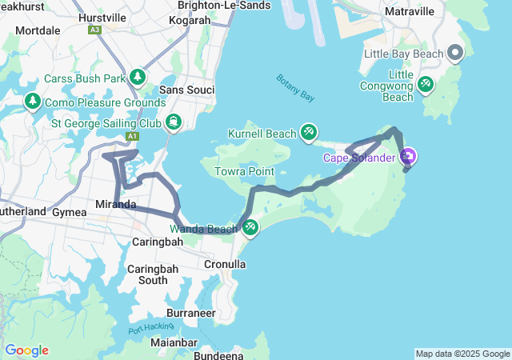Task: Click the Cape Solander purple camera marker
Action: point(409,156)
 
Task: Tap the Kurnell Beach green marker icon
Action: point(309,132)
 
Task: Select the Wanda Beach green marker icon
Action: point(250,228)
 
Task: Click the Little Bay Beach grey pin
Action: point(455,54)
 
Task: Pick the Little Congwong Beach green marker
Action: point(426,83)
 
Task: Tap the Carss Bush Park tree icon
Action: point(138,78)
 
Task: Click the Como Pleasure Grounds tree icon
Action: point(33,102)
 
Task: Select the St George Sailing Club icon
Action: point(173,122)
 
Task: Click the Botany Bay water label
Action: point(295,88)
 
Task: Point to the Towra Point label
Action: point(244,171)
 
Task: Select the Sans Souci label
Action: point(187,90)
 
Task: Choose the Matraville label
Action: point(409,11)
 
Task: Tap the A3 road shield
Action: point(95,30)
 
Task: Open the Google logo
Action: point(26,350)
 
